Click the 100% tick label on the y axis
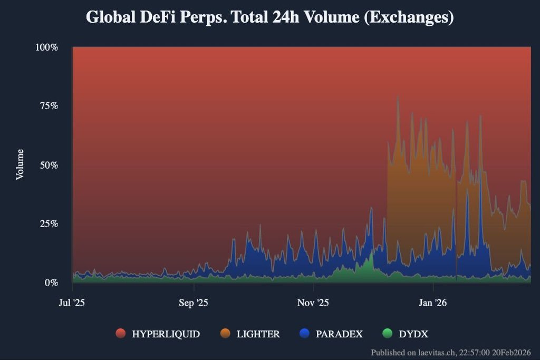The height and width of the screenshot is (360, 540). [x=46, y=47]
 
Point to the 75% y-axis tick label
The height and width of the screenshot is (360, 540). [x=48, y=106]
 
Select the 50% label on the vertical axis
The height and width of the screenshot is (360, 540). [x=48, y=165]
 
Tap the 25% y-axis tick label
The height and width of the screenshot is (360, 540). [x=48, y=223]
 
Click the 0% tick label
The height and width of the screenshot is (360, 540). [x=50, y=283]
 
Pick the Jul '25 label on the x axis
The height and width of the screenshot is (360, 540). [x=72, y=303]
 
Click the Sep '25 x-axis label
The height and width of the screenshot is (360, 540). [x=194, y=303]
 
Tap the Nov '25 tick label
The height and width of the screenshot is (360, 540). [x=313, y=303]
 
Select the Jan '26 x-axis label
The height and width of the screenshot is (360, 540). [x=433, y=303]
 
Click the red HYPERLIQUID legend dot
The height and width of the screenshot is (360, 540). [x=121, y=334]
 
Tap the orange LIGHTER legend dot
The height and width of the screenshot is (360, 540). [x=225, y=334]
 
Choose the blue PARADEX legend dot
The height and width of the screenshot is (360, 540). [x=304, y=334]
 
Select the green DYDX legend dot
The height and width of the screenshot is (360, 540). [x=388, y=334]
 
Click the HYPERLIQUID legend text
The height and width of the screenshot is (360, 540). [x=166, y=334]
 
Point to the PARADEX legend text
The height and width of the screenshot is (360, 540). [x=339, y=334]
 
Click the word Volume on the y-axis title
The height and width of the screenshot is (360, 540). [x=20, y=164]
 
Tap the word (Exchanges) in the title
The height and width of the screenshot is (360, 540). [x=409, y=17]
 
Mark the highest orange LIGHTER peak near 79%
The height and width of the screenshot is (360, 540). [x=398, y=96]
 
